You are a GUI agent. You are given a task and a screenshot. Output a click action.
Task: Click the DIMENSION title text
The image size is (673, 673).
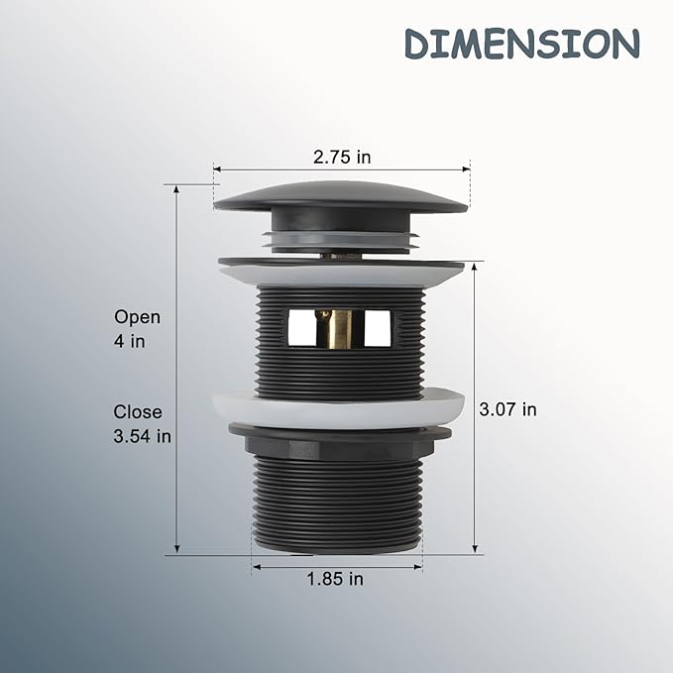522,44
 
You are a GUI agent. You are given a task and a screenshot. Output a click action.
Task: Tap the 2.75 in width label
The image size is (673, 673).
342,157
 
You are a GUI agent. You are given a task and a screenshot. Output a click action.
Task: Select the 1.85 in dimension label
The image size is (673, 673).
335,579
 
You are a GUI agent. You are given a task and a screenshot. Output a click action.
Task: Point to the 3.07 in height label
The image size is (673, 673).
507,409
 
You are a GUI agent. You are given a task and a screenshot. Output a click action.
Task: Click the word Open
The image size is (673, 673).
137,318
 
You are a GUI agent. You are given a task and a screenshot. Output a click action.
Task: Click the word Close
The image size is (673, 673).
138,412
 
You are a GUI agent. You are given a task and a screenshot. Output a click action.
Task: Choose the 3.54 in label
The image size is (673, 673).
142,436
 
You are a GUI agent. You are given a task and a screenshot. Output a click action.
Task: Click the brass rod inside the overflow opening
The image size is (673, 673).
333,328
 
